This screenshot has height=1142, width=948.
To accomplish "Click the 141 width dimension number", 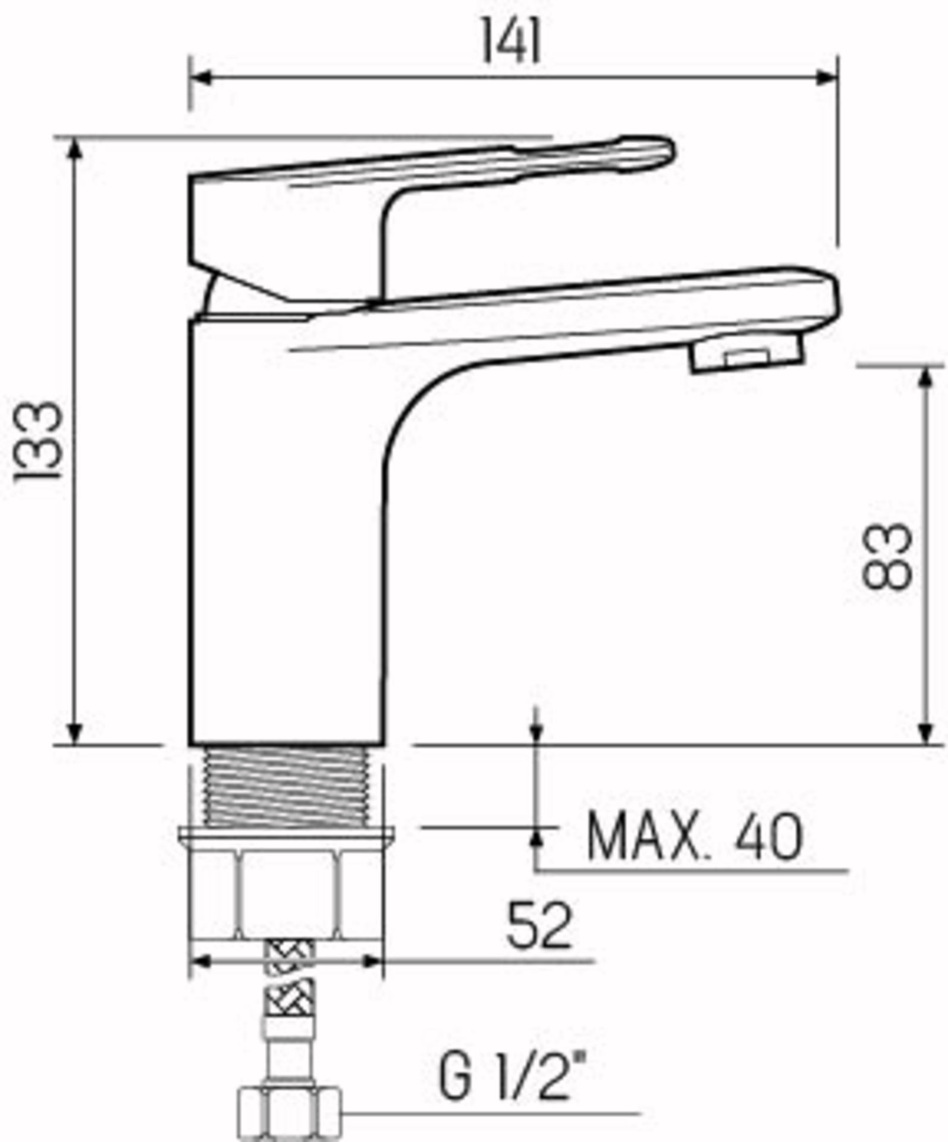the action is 511,40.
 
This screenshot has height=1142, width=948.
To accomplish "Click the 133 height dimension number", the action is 39,440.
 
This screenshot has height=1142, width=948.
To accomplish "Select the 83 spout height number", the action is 886,556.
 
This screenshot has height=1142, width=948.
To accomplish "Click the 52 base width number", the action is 539,925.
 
